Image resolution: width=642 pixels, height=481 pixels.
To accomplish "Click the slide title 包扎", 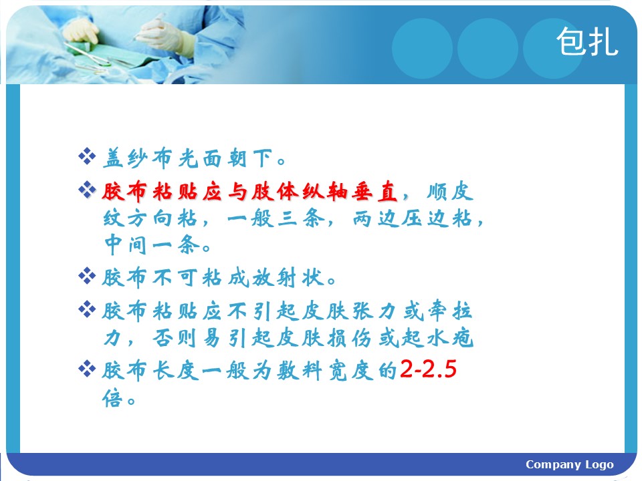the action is (x=587, y=41).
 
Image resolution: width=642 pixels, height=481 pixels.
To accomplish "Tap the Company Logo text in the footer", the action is (x=570, y=465).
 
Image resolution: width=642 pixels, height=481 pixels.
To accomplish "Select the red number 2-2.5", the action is (x=428, y=369).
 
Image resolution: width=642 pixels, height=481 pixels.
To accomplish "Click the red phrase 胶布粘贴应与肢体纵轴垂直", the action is (x=249, y=192).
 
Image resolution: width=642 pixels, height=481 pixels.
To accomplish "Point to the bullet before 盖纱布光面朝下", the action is (x=87, y=157).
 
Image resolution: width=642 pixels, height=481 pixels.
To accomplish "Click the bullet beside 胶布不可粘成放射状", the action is (x=87, y=276).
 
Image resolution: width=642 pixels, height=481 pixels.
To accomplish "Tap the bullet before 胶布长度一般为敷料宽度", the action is (x=87, y=369).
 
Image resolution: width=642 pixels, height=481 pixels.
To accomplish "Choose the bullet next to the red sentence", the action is (x=87, y=190).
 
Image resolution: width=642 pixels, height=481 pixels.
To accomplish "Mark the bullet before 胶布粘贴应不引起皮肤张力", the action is (x=87, y=309).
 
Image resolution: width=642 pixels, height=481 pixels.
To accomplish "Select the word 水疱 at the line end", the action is (x=450, y=338).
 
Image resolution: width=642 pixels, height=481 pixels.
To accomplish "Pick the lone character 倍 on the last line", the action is (x=112, y=398).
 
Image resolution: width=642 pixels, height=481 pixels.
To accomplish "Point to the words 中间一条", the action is (x=152, y=245).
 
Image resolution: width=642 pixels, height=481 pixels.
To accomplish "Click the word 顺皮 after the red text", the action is (x=450, y=192).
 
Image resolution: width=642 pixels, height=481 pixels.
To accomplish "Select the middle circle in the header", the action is (x=488, y=48).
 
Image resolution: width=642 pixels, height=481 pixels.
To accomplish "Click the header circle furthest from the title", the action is (x=422, y=48).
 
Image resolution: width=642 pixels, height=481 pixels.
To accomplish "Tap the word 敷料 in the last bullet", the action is (x=300, y=371).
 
